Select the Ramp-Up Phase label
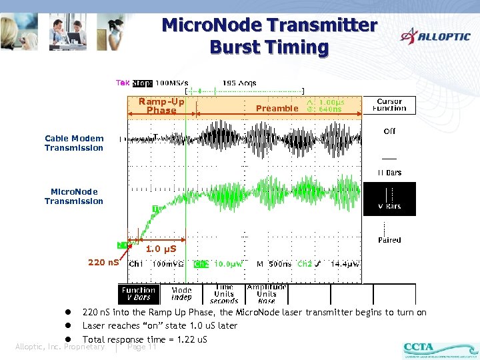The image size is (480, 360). pos(161,106)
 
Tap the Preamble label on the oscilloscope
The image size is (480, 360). pos(277,108)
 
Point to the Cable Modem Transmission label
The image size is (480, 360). pos(74,143)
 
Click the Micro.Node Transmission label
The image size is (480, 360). pos(74,196)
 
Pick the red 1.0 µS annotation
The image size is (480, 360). pos(161,249)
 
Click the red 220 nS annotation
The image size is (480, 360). pos(103,262)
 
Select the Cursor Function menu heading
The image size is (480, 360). pos(389,105)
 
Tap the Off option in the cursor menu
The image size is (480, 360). pos(389,131)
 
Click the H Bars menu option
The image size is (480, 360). pos(389,172)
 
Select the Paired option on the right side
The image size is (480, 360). pos(389,240)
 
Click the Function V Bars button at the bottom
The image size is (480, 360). pos(138,293)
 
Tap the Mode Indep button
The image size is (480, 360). pos(181,293)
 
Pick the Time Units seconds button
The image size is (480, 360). pos(224,293)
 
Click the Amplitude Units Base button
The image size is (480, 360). pos(267,293)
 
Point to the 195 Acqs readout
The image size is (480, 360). pos(239,83)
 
